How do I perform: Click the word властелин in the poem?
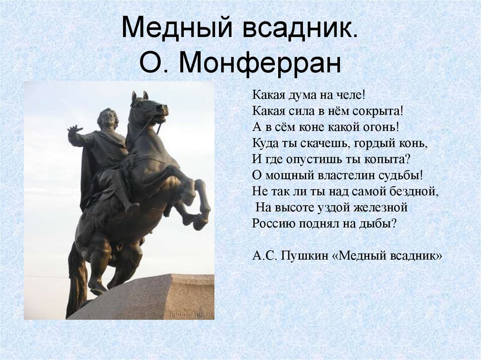click(343, 175)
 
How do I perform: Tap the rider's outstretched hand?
click(74, 129)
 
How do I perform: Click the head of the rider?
click(108, 118)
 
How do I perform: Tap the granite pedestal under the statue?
click(155, 298)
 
